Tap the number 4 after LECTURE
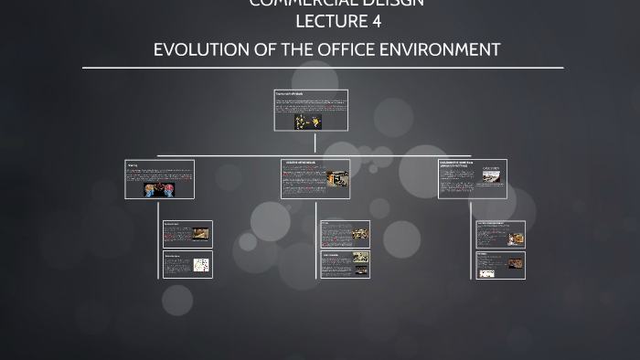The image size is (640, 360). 376,21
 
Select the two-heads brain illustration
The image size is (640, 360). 160,189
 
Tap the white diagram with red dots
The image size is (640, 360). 200,266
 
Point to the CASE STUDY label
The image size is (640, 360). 491,169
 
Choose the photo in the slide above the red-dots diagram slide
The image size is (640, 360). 200,234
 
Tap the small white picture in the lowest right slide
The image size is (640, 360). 487,272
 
